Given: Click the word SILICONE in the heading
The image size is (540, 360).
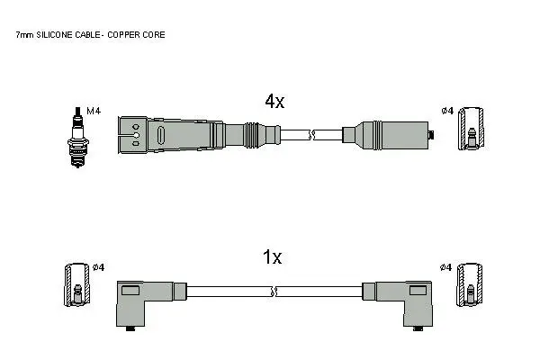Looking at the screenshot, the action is (x=54, y=35).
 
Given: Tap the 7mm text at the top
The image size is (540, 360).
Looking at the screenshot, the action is (x=25, y=35).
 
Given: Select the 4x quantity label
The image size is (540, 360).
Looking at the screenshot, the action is (x=274, y=102).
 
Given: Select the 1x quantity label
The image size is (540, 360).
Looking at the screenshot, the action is (x=272, y=257).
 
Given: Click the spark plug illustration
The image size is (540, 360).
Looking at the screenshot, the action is (x=77, y=137).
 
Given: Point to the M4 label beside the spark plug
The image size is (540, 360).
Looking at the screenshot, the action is (x=94, y=111).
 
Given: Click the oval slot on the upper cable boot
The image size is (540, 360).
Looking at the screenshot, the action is (x=161, y=135).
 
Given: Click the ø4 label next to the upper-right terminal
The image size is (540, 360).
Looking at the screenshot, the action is (x=447, y=111).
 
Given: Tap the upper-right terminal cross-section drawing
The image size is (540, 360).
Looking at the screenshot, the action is (x=471, y=129).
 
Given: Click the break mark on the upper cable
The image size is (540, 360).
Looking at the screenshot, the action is (x=311, y=135).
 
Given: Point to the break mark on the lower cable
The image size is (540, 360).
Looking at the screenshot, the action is (x=274, y=292).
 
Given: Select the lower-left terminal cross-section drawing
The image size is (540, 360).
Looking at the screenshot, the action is (x=77, y=285).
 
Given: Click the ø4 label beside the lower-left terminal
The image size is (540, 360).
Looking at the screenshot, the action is (x=98, y=267).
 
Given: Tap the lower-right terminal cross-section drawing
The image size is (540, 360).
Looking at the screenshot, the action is (x=469, y=285).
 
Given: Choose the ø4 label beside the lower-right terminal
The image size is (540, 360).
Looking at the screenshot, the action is (x=445, y=267).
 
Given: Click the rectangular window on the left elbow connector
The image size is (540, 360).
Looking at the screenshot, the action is (x=130, y=291).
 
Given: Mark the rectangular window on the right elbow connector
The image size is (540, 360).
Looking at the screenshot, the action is (x=418, y=291).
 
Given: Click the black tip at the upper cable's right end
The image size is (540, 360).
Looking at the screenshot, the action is (x=431, y=135).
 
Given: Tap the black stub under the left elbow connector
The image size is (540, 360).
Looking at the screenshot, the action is (x=130, y=328).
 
